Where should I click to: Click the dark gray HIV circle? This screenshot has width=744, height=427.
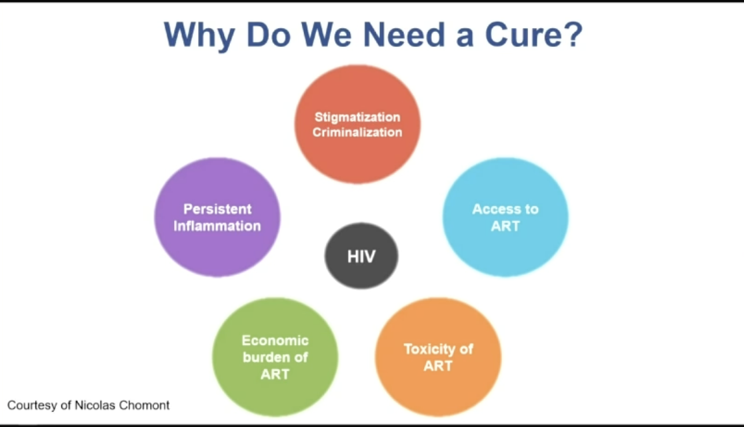(x=361, y=256)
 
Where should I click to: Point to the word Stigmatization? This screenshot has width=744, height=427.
(x=357, y=117)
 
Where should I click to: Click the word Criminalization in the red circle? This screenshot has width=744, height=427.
(x=357, y=132)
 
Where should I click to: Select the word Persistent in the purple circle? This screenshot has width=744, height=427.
(x=217, y=209)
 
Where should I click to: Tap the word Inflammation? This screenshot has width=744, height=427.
(x=217, y=226)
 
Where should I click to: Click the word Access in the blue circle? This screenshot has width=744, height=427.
(x=493, y=209)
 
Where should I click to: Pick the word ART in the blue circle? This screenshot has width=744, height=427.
(x=505, y=226)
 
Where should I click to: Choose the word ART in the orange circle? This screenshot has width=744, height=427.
(x=438, y=366)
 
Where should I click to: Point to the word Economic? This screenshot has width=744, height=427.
(x=275, y=340)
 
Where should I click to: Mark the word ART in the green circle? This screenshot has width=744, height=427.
(x=275, y=374)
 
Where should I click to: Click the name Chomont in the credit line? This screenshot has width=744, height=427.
(x=144, y=405)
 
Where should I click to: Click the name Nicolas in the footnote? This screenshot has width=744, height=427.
(x=95, y=405)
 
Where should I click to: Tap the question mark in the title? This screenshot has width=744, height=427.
(x=573, y=34)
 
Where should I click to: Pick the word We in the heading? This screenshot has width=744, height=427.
(x=326, y=35)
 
